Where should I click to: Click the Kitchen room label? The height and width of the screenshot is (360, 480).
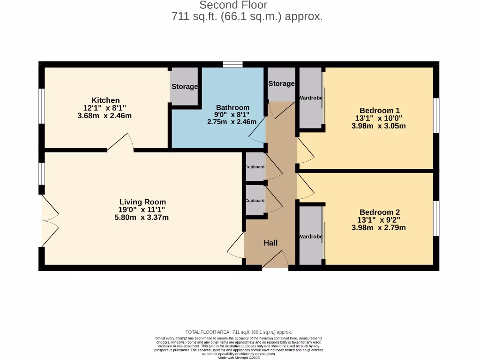(x=105, y=100)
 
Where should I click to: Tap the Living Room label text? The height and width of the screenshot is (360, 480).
(x=142, y=202)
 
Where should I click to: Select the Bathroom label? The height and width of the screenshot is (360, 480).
(x=232, y=107)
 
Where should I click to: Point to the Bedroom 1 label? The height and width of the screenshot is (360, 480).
(x=379, y=111)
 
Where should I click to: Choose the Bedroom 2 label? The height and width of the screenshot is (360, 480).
(x=379, y=212)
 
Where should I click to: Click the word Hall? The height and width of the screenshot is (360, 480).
(x=270, y=243)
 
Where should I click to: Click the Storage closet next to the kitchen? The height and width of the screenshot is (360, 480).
(x=184, y=87)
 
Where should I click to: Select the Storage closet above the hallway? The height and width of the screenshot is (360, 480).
(x=281, y=84)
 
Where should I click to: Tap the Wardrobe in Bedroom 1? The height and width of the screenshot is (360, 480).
(x=310, y=98)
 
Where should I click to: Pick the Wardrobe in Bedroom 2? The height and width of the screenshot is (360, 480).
(x=310, y=237)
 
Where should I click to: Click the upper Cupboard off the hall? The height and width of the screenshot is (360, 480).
(x=255, y=167)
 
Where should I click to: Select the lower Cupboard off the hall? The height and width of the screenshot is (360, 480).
(x=255, y=201)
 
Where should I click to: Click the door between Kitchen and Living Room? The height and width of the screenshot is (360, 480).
(x=120, y=143)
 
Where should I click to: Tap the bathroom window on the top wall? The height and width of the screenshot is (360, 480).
(x=232, y=65)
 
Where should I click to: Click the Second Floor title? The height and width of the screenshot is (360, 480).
(x=233, y=5)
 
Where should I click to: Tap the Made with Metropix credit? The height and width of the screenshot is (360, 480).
(x=239, y=358)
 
